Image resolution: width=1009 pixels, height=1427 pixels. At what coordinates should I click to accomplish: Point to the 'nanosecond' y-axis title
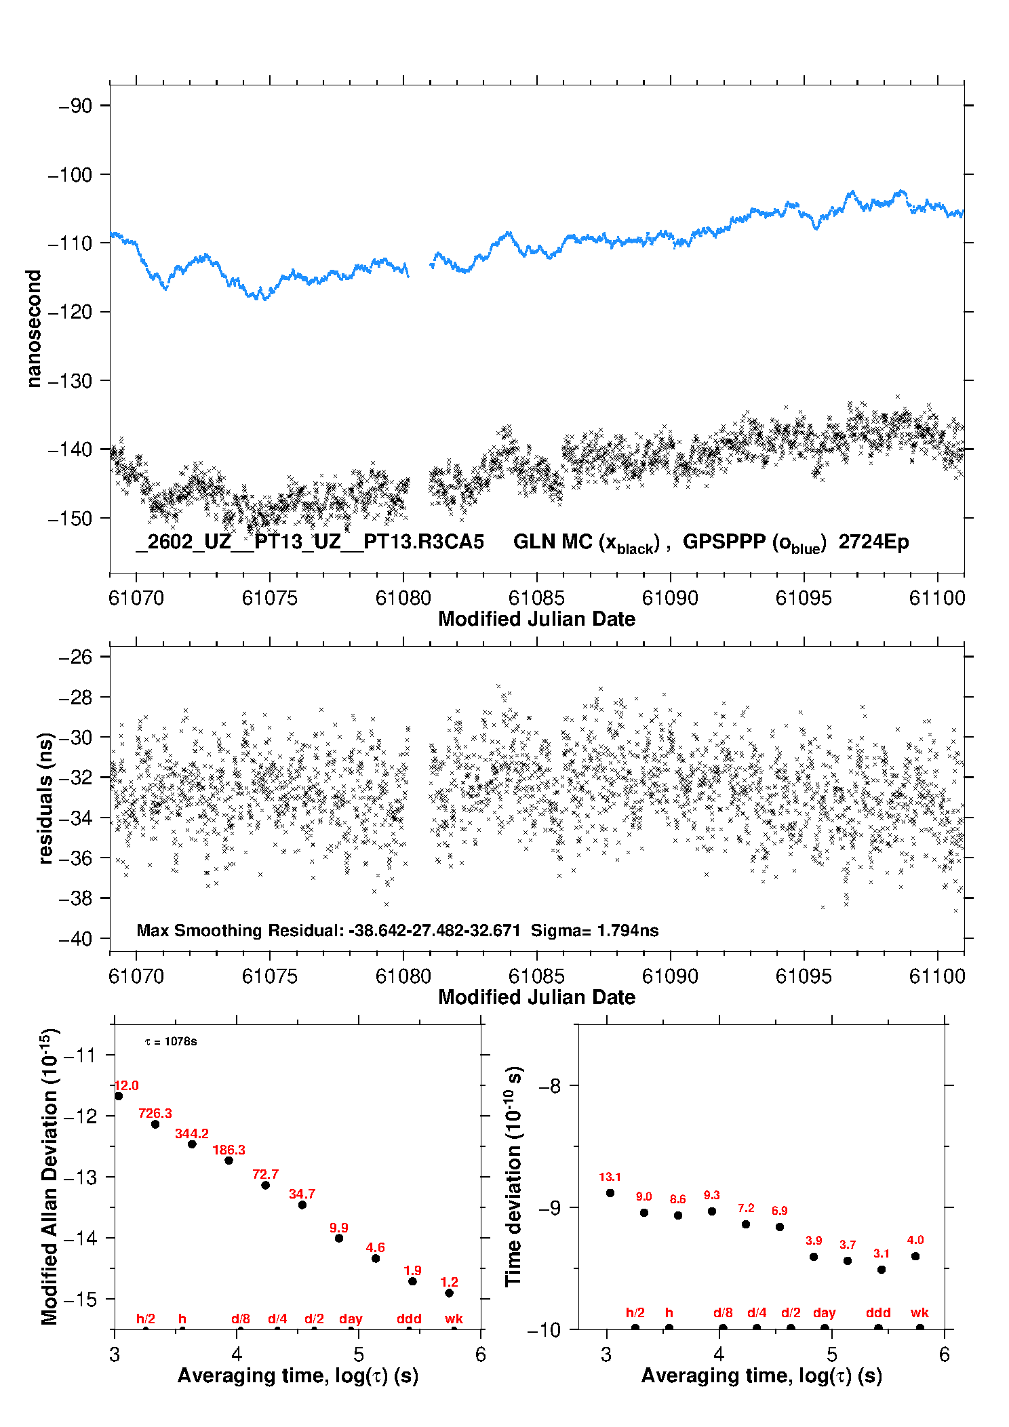click(x=33, y=329)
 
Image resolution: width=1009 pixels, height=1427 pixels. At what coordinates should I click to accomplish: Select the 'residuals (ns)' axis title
click(x=45, y=798)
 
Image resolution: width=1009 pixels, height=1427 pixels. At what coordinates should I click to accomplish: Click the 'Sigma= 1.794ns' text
click(x=594, y=930)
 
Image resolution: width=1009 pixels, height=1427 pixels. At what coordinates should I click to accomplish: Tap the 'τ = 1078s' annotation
click(x=171, y=1041)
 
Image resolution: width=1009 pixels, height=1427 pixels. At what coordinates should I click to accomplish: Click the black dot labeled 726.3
click(x=155, y=1124)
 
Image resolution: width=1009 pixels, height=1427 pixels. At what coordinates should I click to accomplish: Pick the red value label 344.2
click(x=192, y=1133)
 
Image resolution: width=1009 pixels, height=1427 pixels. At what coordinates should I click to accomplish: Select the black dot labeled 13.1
click(x=610, y=1193)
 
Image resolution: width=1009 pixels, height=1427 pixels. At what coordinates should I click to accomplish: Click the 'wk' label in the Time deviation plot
click(x=919, y=1312)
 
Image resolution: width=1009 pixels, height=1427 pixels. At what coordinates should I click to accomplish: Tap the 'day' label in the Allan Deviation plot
click(x=351, y=1319)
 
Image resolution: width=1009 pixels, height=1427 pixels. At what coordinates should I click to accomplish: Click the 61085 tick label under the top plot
click(x=536, y=598)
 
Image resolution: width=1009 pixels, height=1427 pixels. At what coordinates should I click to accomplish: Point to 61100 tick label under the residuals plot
click(x=937, y=976)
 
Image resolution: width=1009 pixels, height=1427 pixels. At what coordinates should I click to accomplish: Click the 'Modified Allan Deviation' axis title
click(x=50, y=1176)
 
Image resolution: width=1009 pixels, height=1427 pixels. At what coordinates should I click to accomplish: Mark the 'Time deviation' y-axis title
click(x=514, y=1176)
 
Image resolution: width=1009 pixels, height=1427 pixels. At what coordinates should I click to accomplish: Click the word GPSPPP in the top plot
click(x=724, y=542)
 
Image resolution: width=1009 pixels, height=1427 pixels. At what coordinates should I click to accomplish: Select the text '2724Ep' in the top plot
click(x=873, y=542)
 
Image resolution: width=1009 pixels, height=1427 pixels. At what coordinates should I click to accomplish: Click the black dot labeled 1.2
click(x=449, y=1293)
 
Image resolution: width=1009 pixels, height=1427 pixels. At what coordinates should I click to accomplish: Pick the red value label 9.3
click(x=711, y=1195)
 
